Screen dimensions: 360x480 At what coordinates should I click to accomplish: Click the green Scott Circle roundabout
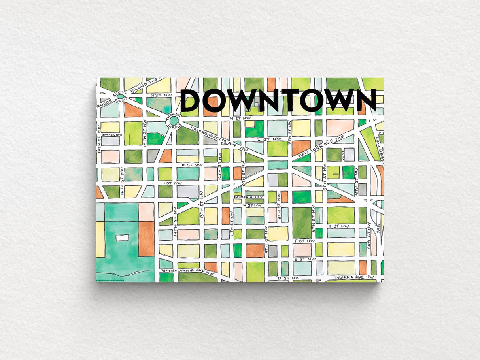click(120, 96)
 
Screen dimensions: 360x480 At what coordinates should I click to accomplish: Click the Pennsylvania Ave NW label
click(184, 271)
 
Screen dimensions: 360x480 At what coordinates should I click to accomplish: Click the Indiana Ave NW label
click(354, 278)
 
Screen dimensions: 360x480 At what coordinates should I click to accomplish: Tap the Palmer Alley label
click(246, 197)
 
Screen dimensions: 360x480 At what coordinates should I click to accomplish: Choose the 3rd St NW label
click(369, 239)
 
